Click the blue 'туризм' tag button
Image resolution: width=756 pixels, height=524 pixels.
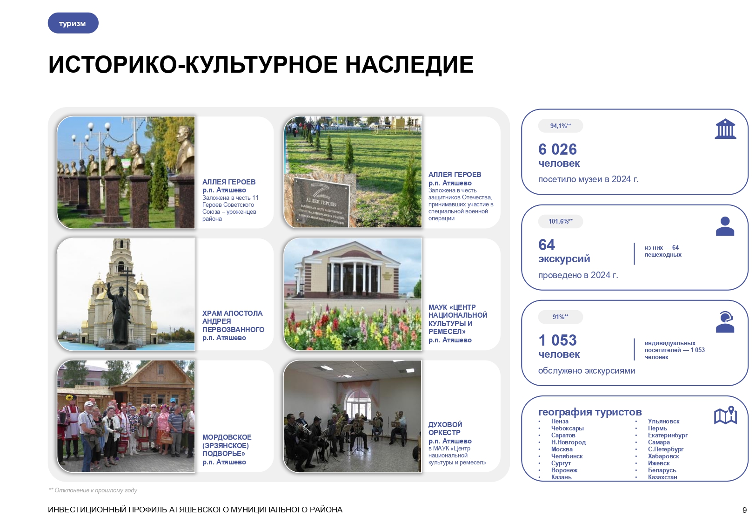tap(73, 23)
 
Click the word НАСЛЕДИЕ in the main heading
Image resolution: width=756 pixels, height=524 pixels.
tap(409, 65)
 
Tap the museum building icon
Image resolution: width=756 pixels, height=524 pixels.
tap(725, 129)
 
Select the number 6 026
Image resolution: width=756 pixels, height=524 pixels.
tap(557, 149)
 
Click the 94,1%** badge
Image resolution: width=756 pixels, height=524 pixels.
tap(560, 126)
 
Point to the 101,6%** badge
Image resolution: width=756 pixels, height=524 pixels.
tap(560, 221)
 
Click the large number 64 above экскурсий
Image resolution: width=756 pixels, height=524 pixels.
tap(547, 245)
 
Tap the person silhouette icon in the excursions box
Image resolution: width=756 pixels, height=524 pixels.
tap(724, 226)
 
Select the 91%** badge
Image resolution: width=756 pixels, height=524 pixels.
tap(560, 317)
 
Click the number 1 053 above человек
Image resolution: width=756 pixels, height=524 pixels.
tap(557, 340)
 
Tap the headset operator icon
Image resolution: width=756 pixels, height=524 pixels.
tap(724, 322)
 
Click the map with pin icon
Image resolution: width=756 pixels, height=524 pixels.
tap(725, 415)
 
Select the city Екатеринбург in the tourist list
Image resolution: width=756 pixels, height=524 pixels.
tap(667, 435)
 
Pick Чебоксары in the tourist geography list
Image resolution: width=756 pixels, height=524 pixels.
tap(567, 428)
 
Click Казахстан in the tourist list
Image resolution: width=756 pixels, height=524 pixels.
tap(662, 477)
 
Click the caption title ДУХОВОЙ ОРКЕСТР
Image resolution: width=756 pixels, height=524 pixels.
tap(445, 429)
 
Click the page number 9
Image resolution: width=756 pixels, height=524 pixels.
tap(744, 510)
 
